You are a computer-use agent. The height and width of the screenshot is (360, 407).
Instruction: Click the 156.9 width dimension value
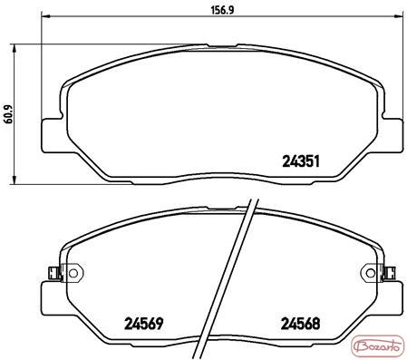coord(222,10)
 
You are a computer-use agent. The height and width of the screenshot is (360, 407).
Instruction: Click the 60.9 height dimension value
coord(8,114)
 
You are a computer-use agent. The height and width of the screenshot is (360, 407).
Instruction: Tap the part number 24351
coord(301,161)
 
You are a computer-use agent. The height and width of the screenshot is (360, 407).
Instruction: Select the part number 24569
coord(144,324)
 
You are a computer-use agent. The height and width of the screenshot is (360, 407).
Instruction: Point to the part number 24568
coord(300,324)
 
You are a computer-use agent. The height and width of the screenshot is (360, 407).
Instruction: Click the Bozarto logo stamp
coord(378,346)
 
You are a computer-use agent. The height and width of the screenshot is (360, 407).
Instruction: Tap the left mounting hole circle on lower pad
coord(73,273)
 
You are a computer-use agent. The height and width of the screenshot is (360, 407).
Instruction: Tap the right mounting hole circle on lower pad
coord(371,273)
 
